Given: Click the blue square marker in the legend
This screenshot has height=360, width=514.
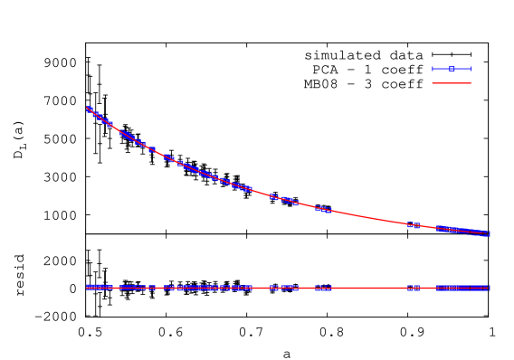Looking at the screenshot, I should coord(452,69).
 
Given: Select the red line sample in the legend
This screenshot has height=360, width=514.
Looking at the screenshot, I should coord(452,82).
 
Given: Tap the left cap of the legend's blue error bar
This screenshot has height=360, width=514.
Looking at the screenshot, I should coord(433,69).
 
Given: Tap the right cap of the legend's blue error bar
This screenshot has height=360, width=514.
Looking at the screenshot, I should coord(471,69).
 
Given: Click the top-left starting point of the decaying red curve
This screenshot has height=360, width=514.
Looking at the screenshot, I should coord(88,109).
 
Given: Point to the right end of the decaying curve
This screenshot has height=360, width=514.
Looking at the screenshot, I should coord(489,233).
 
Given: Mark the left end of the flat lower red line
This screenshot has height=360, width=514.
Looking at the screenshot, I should coord(87,288).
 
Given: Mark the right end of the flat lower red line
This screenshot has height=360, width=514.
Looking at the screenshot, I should coord(489,288).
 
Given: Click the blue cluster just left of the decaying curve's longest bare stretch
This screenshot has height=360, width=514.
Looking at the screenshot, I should coord(323,209).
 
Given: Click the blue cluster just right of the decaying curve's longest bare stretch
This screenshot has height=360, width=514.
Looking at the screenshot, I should coord(413,224).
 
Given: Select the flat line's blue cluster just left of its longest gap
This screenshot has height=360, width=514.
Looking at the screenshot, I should coord(323,288).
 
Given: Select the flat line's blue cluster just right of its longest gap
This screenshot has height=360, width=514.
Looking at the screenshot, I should coord(413,288).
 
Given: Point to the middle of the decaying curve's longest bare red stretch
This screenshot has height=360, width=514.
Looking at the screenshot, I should coord(368,217).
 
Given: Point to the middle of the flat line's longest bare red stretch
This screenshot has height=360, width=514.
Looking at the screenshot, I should coord(368,288).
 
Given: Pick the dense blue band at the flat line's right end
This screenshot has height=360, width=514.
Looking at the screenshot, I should coord(463,288).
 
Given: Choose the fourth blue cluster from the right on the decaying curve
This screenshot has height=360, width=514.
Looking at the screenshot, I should coord(282,199).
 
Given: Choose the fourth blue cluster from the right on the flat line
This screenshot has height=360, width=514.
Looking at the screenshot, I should coord(282,288).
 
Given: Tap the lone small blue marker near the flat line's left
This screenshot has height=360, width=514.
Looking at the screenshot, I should coord(151,288).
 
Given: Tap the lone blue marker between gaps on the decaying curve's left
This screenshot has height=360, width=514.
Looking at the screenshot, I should coord(151,149).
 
